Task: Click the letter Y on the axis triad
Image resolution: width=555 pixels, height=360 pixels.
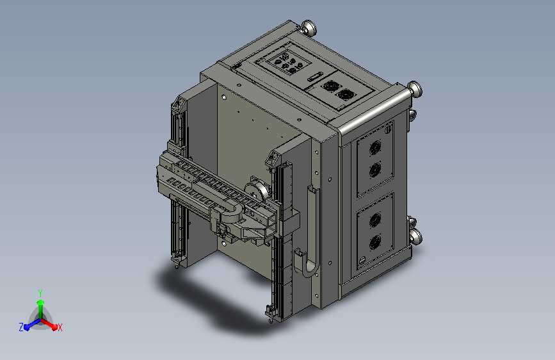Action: coord(40,293)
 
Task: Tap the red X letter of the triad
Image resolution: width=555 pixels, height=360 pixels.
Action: coord(60,327)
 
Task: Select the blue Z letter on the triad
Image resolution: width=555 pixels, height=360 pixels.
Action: coord(21,327)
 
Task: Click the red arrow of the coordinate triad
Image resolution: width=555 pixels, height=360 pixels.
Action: coord(49,324)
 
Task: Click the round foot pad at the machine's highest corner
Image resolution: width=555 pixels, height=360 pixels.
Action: coord(309,28)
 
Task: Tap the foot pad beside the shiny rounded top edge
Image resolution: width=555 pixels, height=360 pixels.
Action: coord(414,88)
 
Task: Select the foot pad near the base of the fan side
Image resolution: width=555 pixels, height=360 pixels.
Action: coord(415,235)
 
